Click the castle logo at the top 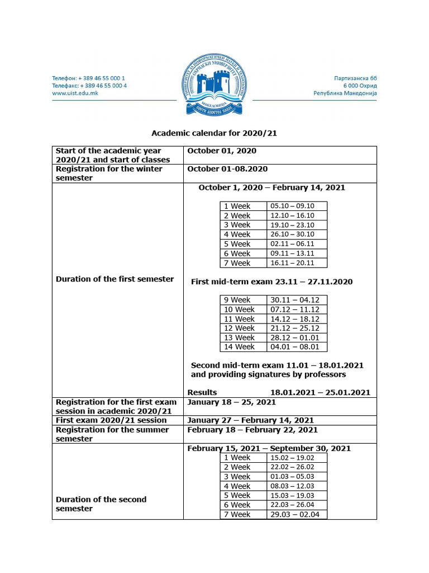pos(214,85)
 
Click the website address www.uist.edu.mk pos(75,93)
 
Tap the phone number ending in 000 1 pos(89,78)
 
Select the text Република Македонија pos(345,93)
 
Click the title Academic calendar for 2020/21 pos(214,133)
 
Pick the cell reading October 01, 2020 pos(222,151)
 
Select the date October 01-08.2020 pos(227,169)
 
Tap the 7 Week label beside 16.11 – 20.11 pos(237,263)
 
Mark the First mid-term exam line pos(271,281)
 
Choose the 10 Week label pos(239,309)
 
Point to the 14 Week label pos(239,347)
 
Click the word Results pos(202,392)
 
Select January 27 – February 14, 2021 pos(250,420)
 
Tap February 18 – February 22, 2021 pos(252,430)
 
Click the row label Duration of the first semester pos(115,279)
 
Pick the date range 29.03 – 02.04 pos(295,514)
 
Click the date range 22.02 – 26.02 pos(292,467)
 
